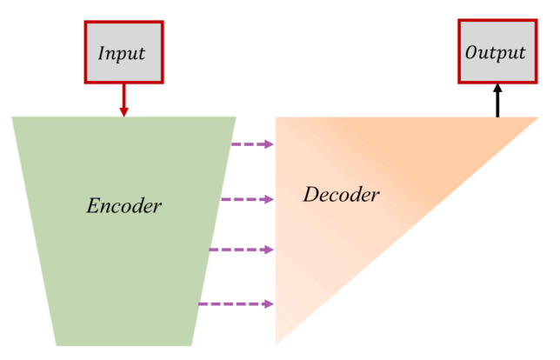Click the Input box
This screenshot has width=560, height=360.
pyautogui.click(x=123, y=52)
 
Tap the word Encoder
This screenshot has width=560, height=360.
pyautogui.click(x=124, y=206)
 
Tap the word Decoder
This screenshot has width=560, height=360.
pyautogui.click(x=341, y=194)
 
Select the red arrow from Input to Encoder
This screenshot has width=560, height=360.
pyautogui.click(x=123, y=99)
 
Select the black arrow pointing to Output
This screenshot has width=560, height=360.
pyautogui.click(x=497, y=101)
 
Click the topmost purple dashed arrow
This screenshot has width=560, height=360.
pyautogui.click(x=253, y=144)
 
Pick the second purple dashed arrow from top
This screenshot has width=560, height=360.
pyautogui.click(x=247, y=199)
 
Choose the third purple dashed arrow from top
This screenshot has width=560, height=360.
pyautogui.click(x=242, y=250)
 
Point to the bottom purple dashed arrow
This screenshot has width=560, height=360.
pyautogui.click(x=237, y=303)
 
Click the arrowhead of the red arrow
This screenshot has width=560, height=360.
pyautogui.click(x=123, y=111)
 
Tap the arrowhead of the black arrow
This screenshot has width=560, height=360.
pyautogui.click(x=497, y=88)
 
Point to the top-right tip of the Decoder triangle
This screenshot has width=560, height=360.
pyautogui.click(x=537, y=117)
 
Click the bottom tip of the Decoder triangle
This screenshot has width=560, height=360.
pyautogui.click(x=277, y=345)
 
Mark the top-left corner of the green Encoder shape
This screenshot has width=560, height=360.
pyautogui.click(x=13, y=117)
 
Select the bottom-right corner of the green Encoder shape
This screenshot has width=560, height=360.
pyautogui.click(x=190, y=345)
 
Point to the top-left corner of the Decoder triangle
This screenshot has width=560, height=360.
pyautogui.click(x=277, y=118)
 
